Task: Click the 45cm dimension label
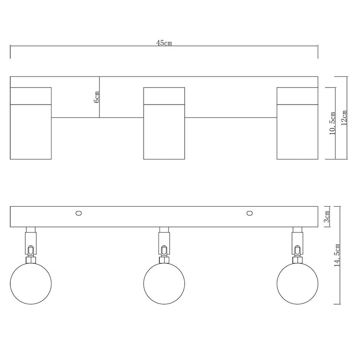pyautogui.click(x=164, y=43)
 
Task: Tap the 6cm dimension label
pyautogui.click(x=97, y=97)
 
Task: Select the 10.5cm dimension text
pyautogui.click(x=333, y=123)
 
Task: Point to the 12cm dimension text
pyautogui.click(x=344, y=118)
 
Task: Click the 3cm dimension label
pyautogui.click(x=327, y=217)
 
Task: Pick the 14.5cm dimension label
pyautogui.click(x=337, y=255)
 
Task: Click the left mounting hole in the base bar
pyautogui.click(x=79, y=213)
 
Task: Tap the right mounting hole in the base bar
pyautogui.click(x=249, y=213)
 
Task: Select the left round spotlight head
pyautogui.click(x=31, y=284)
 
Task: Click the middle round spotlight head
pyautogui.click(x=164, y=284)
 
